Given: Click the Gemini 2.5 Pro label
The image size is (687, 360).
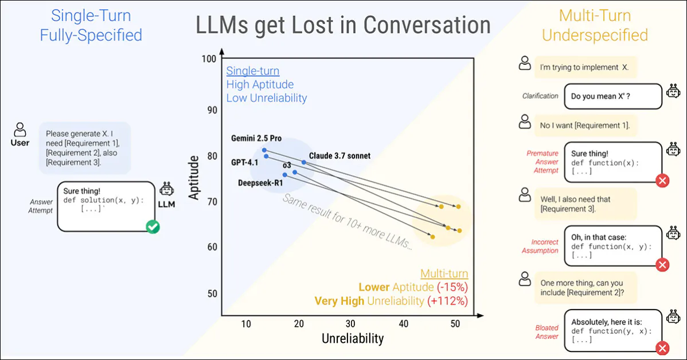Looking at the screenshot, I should click(256, 139).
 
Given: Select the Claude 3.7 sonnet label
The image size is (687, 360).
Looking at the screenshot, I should click(339, 155).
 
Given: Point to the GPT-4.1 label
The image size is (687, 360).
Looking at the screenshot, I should click(245, 162).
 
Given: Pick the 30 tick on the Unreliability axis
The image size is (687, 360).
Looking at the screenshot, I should click(351, 324).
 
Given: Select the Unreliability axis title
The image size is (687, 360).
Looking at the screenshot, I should click(352, 339).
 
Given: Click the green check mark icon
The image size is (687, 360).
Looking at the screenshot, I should click(153, 228).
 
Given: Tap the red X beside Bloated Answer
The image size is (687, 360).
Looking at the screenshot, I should click(662, 348).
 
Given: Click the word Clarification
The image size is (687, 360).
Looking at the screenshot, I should click(540, 96).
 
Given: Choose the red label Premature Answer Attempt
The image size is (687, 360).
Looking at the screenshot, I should click(542, 162).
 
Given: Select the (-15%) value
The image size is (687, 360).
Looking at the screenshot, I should click(452, 287).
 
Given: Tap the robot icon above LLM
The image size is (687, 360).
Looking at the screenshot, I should click(166, 190).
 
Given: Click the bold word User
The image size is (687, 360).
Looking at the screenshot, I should click(20, 143).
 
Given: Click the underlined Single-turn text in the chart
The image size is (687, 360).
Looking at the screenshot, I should click(253, 71).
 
